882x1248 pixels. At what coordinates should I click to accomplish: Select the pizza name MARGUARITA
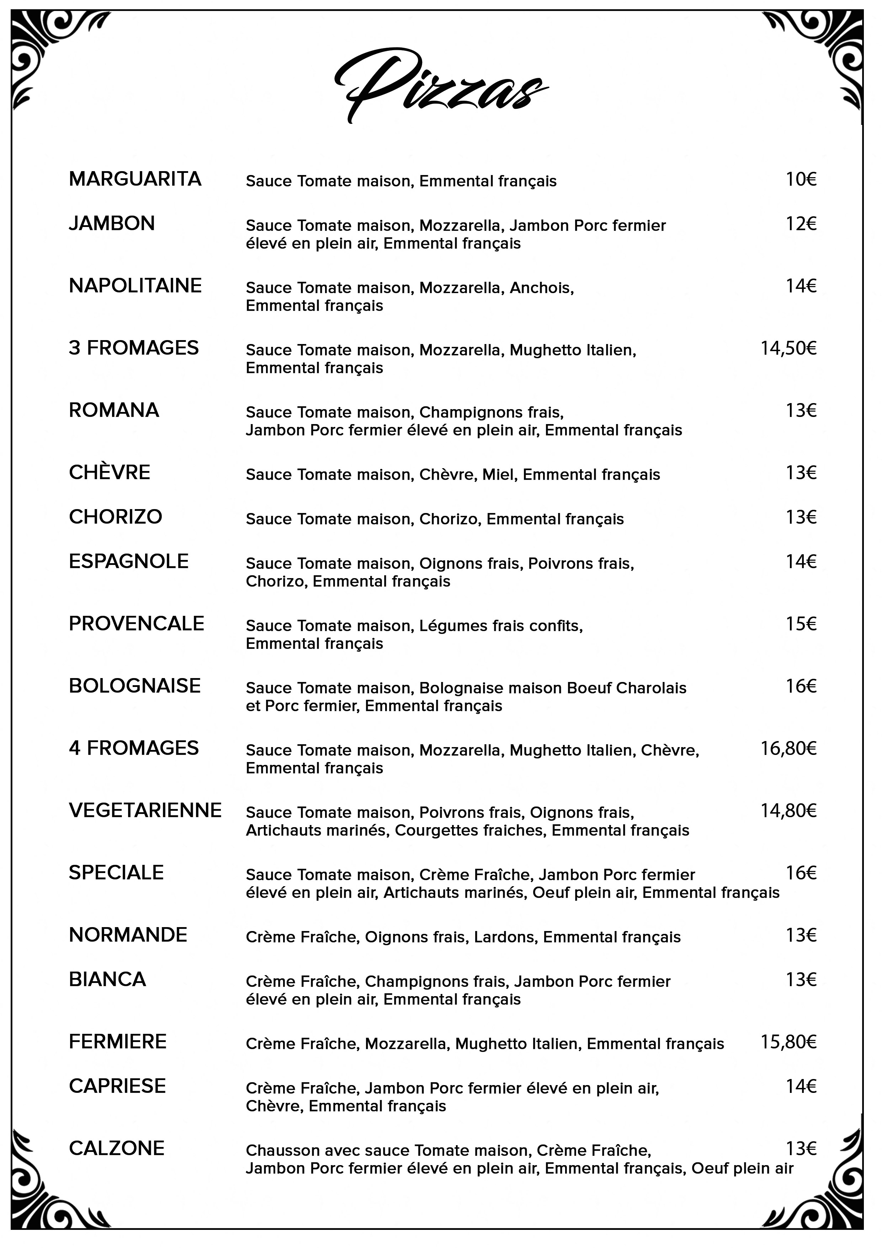point(135,179)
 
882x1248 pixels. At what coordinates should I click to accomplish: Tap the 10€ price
point(801,179)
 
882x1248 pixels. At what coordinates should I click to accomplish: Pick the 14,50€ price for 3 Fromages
point(788,348)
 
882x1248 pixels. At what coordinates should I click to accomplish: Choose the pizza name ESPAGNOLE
point(128,561)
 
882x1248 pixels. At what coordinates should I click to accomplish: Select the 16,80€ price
point(788,749)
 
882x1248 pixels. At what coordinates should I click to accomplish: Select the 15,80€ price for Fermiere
point(788,1042)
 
